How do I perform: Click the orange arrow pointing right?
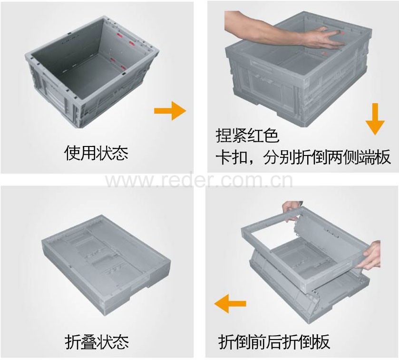(x=170, y=111)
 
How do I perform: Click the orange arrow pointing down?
(x=375, y=119)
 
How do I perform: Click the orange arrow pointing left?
(x=230, y=303)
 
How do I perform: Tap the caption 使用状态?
(x=96, y=153)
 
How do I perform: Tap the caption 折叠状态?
(x=97, y=342)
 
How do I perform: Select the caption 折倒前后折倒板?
(x=274, y=341)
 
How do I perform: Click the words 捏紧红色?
(x=248, y=136)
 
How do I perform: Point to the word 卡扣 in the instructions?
(x=232, y=158)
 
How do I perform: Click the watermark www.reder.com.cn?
(x=199, y=180)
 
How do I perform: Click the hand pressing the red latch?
(x=323, y=38)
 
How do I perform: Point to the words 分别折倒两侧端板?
(x=327, y=158)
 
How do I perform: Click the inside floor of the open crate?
(x=92, y=76)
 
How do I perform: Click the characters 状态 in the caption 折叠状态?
(x=113, y=342)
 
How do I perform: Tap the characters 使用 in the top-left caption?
(x=80, y=153)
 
